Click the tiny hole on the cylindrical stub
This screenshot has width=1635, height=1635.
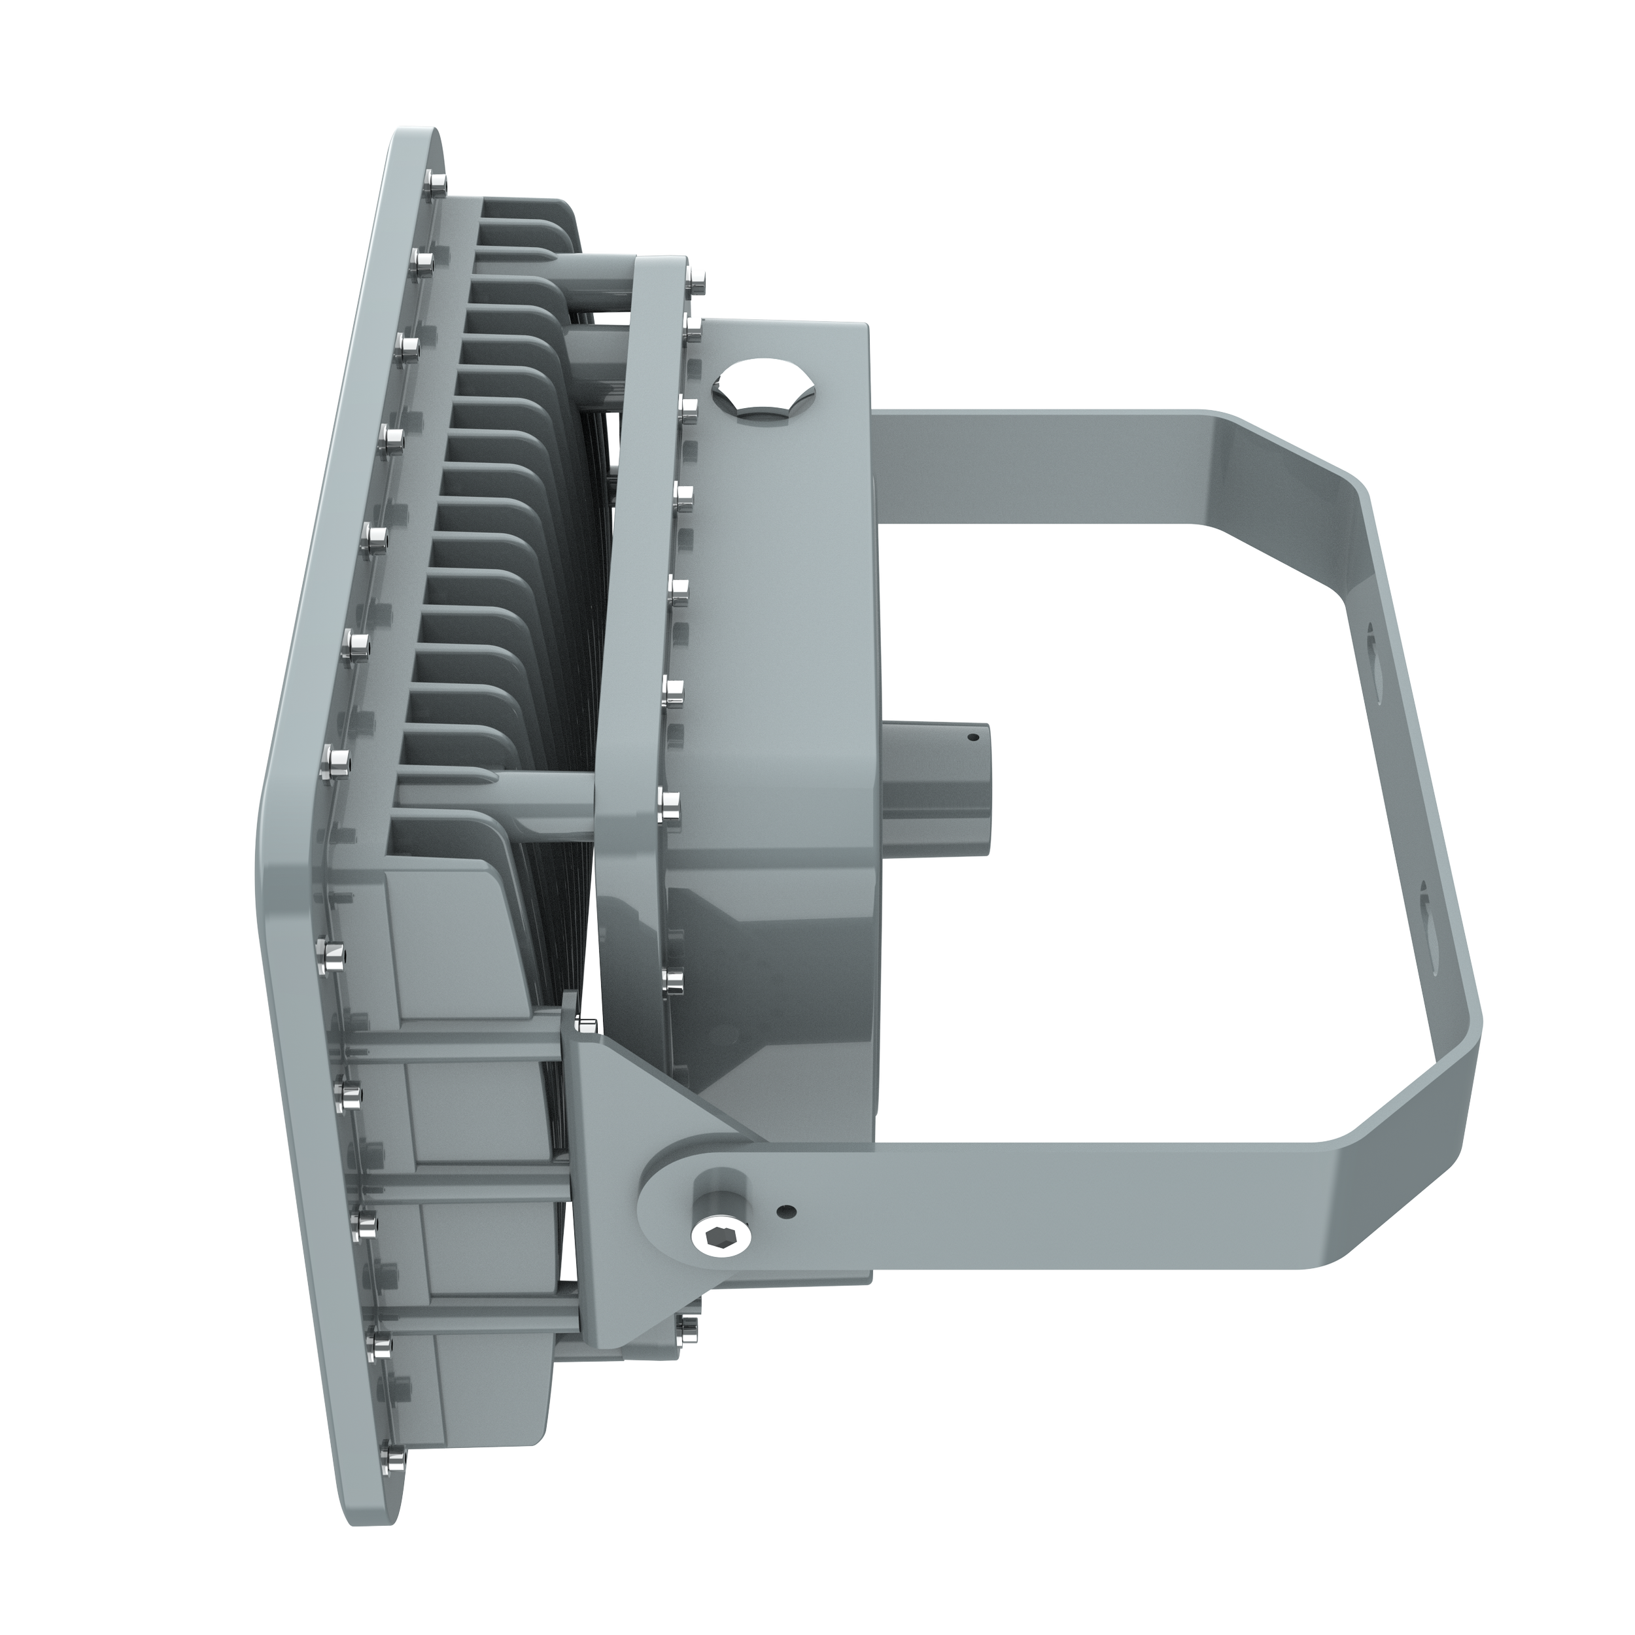[972, 737]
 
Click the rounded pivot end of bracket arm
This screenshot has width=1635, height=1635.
[668, 1218]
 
